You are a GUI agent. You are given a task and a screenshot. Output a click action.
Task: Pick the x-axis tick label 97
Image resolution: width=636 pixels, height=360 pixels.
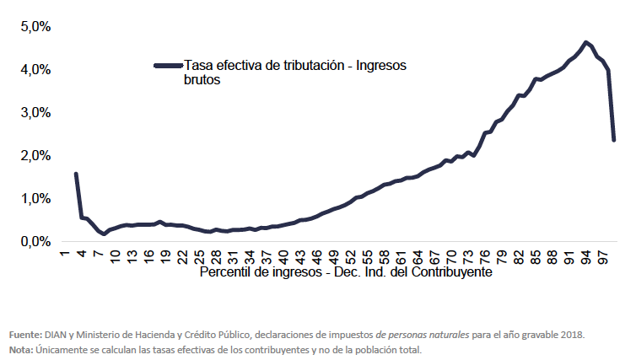coord(602,255)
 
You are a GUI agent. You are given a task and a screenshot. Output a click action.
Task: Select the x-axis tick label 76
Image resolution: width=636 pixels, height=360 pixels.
coord(485,255)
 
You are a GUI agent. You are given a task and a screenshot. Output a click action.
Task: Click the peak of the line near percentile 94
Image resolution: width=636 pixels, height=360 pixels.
coord(585,42)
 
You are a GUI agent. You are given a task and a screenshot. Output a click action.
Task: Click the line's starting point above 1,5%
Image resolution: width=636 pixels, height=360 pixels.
coord(76,175)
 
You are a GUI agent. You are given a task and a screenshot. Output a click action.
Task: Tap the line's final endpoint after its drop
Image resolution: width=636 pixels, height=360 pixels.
coord(613,139)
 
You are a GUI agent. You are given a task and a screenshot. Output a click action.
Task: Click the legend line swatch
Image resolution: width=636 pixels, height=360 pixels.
coord(169,65)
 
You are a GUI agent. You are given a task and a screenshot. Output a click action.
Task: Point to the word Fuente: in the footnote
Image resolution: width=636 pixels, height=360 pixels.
coord(26,335)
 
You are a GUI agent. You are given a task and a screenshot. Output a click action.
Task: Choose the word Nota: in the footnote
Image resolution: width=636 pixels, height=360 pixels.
coord(20,349)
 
